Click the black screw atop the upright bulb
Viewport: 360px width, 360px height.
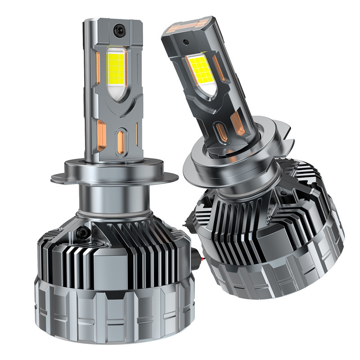click(121, 27)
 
